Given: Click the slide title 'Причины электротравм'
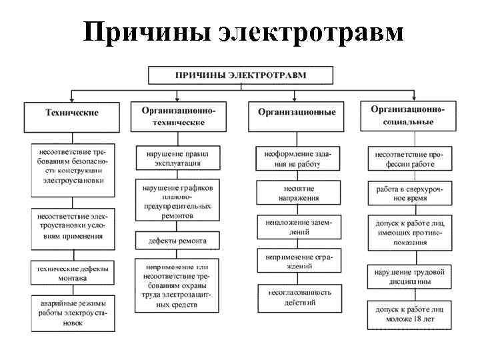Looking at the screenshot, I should pyautogui.click(x=243, y=31).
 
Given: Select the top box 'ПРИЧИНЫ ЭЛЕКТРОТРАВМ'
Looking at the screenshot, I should pyautogui.click(x=241, y=75).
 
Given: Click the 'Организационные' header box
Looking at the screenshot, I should pyautogui.click(x=296, y=113).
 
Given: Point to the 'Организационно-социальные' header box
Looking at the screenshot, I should pyautogui.click(x=407, y=115).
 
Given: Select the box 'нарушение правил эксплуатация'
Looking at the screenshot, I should pyautogui.click(x=177, y=158).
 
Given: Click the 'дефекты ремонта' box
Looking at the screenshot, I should pyautogui.click(x=177, y=241).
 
